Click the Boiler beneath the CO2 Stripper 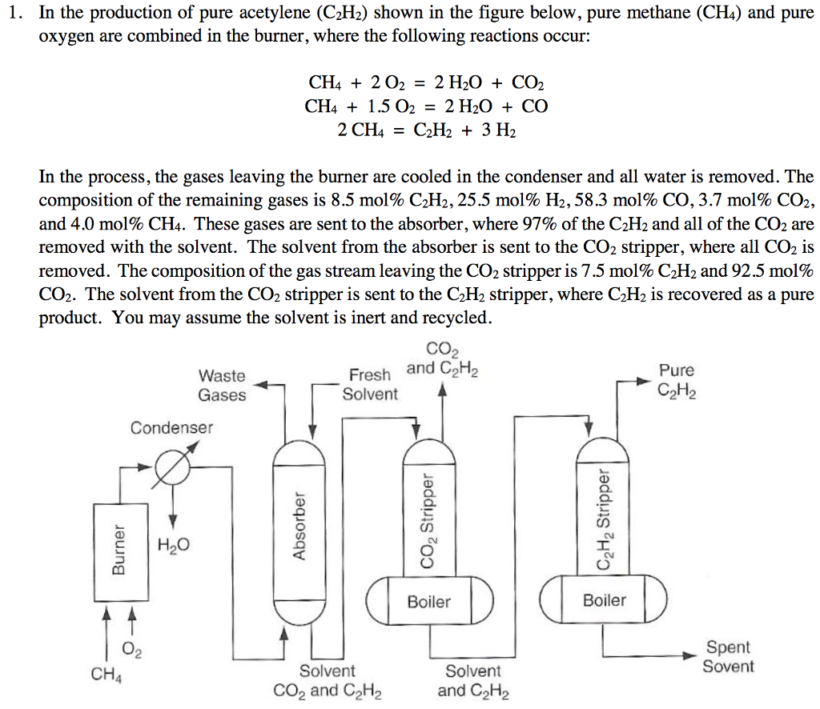click(429, 601)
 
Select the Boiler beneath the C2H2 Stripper click(605, 599)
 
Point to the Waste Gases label click(223, 385)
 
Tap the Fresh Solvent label click(370, 384)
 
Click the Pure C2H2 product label click(677, 380)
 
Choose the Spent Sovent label click(728, 657)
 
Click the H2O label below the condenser click(174, 546)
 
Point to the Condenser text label click(172, 427)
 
